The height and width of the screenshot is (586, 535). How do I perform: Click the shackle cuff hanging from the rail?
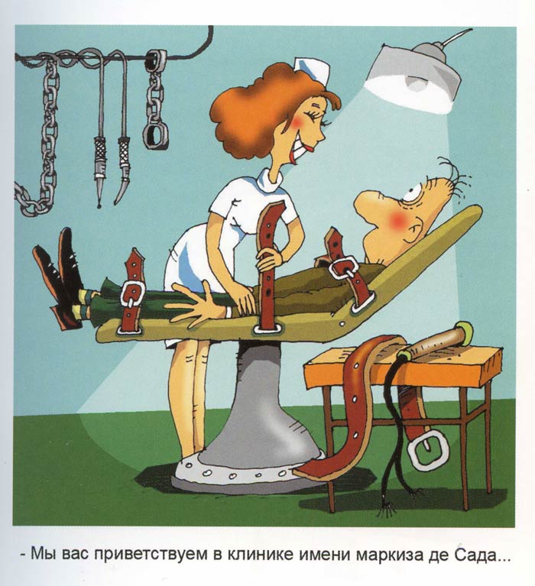coord(155,136)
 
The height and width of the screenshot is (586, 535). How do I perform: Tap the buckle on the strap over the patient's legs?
coord(131,293)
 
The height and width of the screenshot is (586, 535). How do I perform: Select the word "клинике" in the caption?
coord(260,554)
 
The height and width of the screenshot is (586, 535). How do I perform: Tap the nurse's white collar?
coord(270,177)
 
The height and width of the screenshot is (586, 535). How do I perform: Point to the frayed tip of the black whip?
coord(387,508)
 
